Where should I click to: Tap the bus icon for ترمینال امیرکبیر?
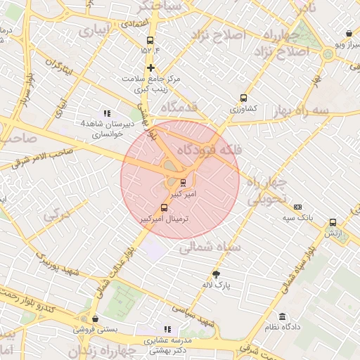(165, 207)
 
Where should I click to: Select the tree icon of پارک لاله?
(217, 274)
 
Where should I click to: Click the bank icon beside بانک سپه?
(298, 207)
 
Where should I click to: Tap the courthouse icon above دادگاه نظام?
(283, 316)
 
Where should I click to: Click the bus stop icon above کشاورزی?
(244, 98)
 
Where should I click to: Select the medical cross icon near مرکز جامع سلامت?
(150, 67)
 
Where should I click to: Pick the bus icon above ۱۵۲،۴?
(149, 40)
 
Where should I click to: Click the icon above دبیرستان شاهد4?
(107, 112)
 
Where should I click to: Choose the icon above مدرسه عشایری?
(167, 328)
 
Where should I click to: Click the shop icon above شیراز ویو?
(349, 33)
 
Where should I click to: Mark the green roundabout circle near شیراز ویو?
(328, 54)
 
